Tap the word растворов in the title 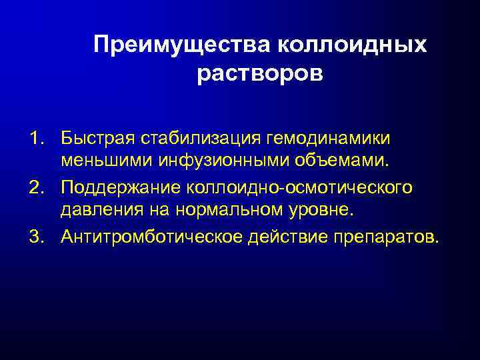[260, 73]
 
